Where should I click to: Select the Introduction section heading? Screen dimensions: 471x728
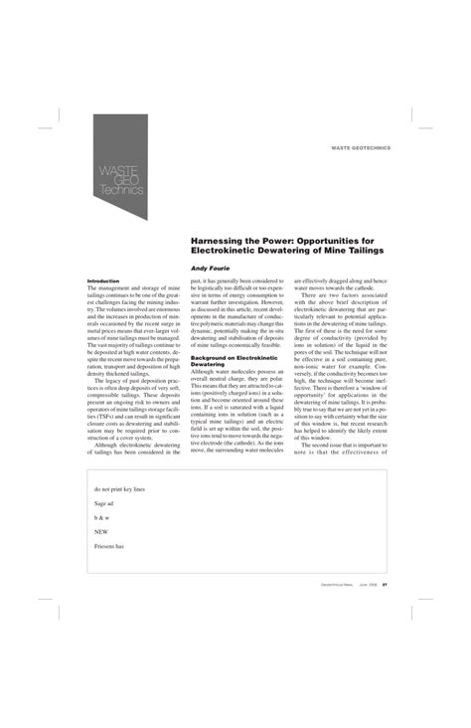pyautogui.click(x=103, y=281)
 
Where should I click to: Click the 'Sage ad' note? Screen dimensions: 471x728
pyautogui.click(x=105, y=503)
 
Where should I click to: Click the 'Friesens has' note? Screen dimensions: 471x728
pyautogui.click(x=109, y=546)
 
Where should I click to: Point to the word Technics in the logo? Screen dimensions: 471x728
pyautogui.click(x=121, y=190)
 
